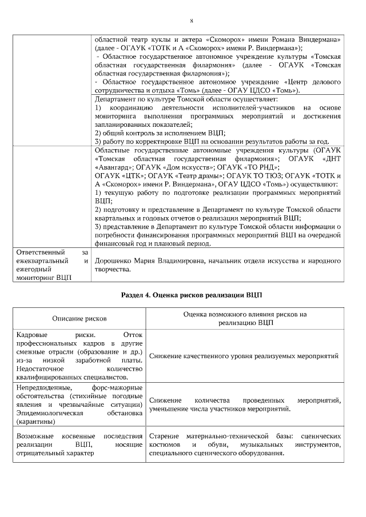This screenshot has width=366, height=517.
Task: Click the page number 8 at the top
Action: pos(192,21)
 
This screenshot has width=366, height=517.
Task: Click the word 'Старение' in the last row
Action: pos(164,436)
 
